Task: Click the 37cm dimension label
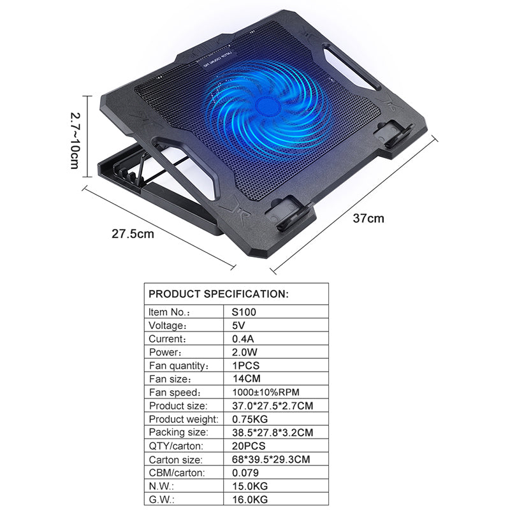pyautogui.click(x=369, y=218)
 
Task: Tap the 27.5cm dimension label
pyautogui.click(x=133, y=233)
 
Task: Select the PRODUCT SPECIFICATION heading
pyautogui.click(x=219, y=294)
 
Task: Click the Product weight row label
pyautogui.click(x=184, y=419)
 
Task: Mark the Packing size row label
pyautogui.click(x=178, y=432)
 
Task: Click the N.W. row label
pyautogui.click(x=162, y=486)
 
